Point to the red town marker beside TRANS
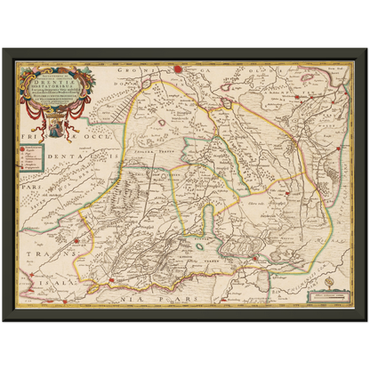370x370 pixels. point(77,240)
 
